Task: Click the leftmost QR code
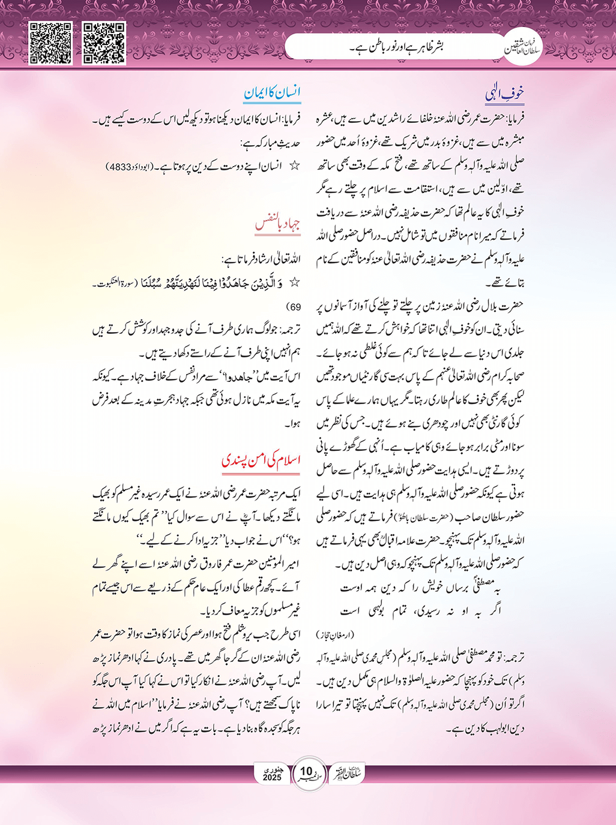click(51, 43)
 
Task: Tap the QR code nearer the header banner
click(104, 43)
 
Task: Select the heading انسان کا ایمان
click(272, 93)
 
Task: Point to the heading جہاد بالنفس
click(277, 225)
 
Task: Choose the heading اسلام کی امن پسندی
click(261, 460)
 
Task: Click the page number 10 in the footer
click(306, 771)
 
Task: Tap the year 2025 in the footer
click(272, 778)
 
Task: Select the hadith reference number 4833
click(119, 166)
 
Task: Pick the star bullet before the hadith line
click(294, 165)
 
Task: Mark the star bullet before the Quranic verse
click(294, 282)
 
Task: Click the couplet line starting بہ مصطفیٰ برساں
click(420, 588)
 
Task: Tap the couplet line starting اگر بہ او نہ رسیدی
click(420, 612)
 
